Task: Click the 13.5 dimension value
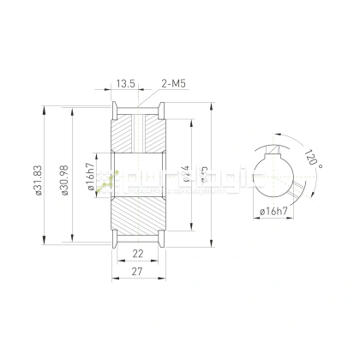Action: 125,83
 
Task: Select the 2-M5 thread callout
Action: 174,83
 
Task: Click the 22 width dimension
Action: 137,255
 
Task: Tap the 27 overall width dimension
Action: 137,273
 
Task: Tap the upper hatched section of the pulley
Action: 137,129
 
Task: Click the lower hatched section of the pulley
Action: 137,219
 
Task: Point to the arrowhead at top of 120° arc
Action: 275,135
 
